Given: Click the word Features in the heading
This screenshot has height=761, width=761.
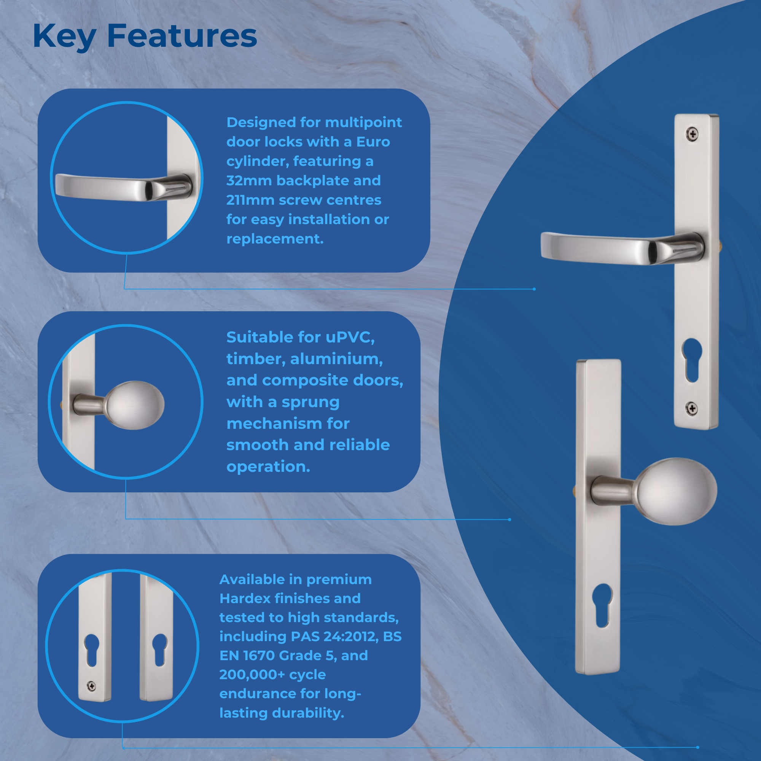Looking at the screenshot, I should pos(182,36).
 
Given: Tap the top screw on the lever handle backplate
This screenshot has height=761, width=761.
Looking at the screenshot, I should pos(693,134).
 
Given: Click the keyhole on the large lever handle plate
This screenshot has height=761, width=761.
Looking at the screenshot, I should pos(692,359).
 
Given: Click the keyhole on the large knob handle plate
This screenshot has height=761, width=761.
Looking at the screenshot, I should pos(603,605).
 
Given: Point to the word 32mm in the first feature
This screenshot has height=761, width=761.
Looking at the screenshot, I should pos(249,181).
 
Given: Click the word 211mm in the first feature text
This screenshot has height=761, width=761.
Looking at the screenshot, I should pos(250,200).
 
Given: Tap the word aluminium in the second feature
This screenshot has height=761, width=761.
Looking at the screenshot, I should pos(336,359).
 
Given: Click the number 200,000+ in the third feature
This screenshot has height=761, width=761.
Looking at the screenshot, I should pos(252,674).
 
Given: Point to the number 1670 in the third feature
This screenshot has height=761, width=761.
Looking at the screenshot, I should pos(259,656).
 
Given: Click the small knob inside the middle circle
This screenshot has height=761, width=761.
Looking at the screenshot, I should pos(135,405).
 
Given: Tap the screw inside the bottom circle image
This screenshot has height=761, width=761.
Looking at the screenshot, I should pos(91,686).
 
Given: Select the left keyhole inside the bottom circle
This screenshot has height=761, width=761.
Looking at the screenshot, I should pos(92,650).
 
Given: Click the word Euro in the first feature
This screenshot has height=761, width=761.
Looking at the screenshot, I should pos(373,142).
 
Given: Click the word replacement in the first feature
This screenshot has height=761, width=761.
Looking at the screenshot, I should pos(275,239).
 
